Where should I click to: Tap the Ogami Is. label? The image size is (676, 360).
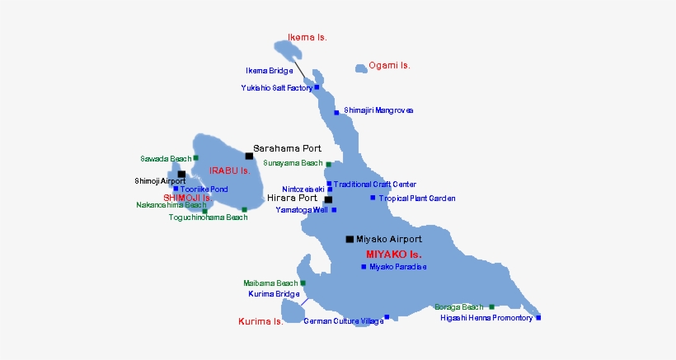point(389,65)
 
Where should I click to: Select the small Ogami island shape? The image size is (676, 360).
point(361,68)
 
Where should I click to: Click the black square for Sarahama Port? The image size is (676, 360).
point(249,155)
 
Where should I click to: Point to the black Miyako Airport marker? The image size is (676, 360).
point(350,239)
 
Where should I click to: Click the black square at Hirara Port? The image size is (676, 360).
point(328,199)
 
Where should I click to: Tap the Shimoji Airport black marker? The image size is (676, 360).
point(181,174)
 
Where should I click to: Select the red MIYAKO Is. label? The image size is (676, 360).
point(393,254)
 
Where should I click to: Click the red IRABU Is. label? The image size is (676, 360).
point(229,171)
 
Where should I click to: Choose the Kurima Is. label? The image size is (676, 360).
point(261,321)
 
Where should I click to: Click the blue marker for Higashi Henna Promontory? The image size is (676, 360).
point(538,317)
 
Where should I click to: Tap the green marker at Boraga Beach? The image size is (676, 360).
point(491,306)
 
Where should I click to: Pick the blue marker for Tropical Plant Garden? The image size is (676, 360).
point(373,198)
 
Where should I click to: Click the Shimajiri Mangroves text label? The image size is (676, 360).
point(378,110)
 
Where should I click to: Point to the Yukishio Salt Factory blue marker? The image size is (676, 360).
point(317,86)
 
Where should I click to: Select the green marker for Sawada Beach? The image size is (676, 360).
point(195,157)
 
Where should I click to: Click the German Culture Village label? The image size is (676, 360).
point(344,321)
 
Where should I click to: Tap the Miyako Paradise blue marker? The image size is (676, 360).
point(364,266)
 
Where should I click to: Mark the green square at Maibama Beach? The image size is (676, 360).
point(303,283)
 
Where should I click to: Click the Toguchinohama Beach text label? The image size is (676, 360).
point(208,217)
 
